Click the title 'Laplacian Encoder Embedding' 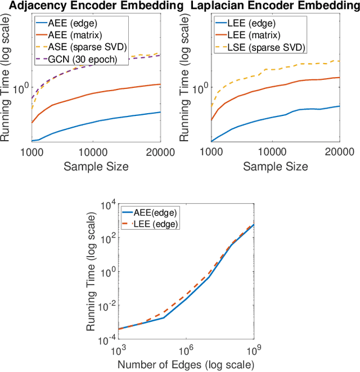[276, 6]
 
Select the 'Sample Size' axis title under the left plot [96, 166]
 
